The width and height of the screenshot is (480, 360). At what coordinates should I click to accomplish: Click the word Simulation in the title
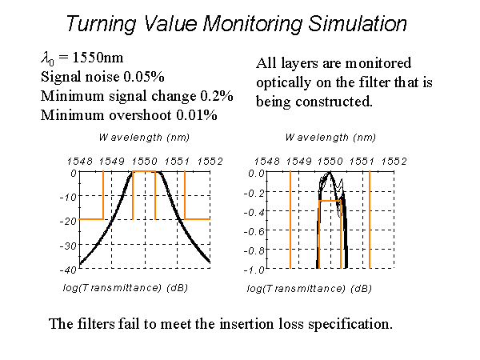coord(352,24)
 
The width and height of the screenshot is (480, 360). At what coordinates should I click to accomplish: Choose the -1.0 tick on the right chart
coord(255,270)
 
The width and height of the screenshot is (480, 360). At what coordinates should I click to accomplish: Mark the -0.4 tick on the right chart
coord(255,211)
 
